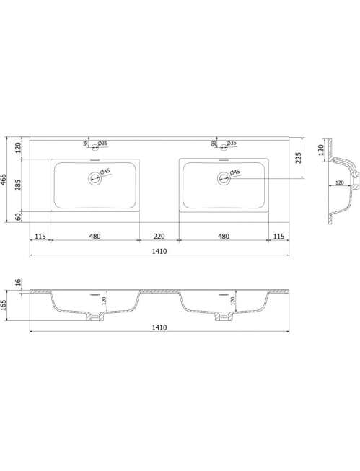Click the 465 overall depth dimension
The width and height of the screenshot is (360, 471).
click(x=4, y=180)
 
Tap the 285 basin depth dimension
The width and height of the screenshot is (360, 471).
click(x=19, y=185)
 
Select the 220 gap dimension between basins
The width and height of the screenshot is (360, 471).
click(x=159, y=237)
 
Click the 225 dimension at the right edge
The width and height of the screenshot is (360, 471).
click(x=298, y=158)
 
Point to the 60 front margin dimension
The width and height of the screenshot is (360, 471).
click(x=19, y=216)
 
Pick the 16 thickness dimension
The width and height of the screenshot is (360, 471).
click(x=18, y=282)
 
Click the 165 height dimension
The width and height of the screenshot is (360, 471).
click(x=4, y=305)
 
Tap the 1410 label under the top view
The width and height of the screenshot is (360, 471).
click(x=159, y=251)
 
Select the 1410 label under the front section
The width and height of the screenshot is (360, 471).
click(x=159, y=327)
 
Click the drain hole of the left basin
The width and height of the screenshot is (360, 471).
click(x=95, y=178)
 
